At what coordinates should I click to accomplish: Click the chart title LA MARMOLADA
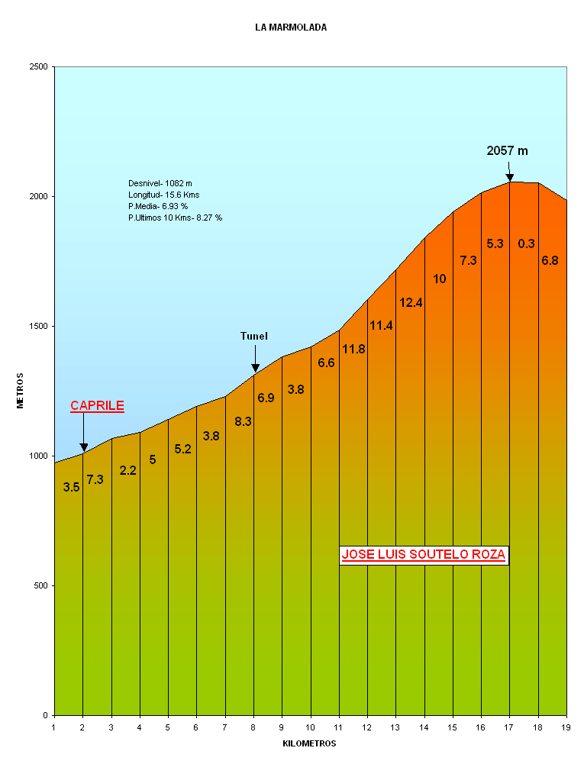pos(291,27)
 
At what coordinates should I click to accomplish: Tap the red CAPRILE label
pos(97,406)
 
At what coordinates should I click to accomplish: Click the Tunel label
pos(254,336)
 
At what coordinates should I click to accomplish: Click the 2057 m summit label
pos(507,151)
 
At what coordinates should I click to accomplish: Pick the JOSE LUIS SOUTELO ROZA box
pos(423,555)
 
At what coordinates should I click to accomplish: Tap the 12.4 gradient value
pos(411,303)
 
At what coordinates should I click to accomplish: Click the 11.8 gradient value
pos(353,350)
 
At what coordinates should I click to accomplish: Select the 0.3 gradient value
pos(526,244)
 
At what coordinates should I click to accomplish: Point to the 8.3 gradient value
pos(244,421)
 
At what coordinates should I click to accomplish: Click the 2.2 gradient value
pos(127,471)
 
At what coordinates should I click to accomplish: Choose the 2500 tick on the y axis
pos(39,67)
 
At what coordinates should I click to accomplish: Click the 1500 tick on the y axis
pos(39,327)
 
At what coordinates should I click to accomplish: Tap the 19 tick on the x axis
pos(566,727)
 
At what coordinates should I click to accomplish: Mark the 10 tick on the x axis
pos(311,727)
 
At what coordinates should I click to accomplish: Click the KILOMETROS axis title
pos(309,743)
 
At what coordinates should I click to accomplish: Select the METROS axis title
pos(21,391)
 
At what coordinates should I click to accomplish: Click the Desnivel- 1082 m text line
pos(160,183)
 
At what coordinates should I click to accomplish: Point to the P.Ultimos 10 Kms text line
pos(175,218)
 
